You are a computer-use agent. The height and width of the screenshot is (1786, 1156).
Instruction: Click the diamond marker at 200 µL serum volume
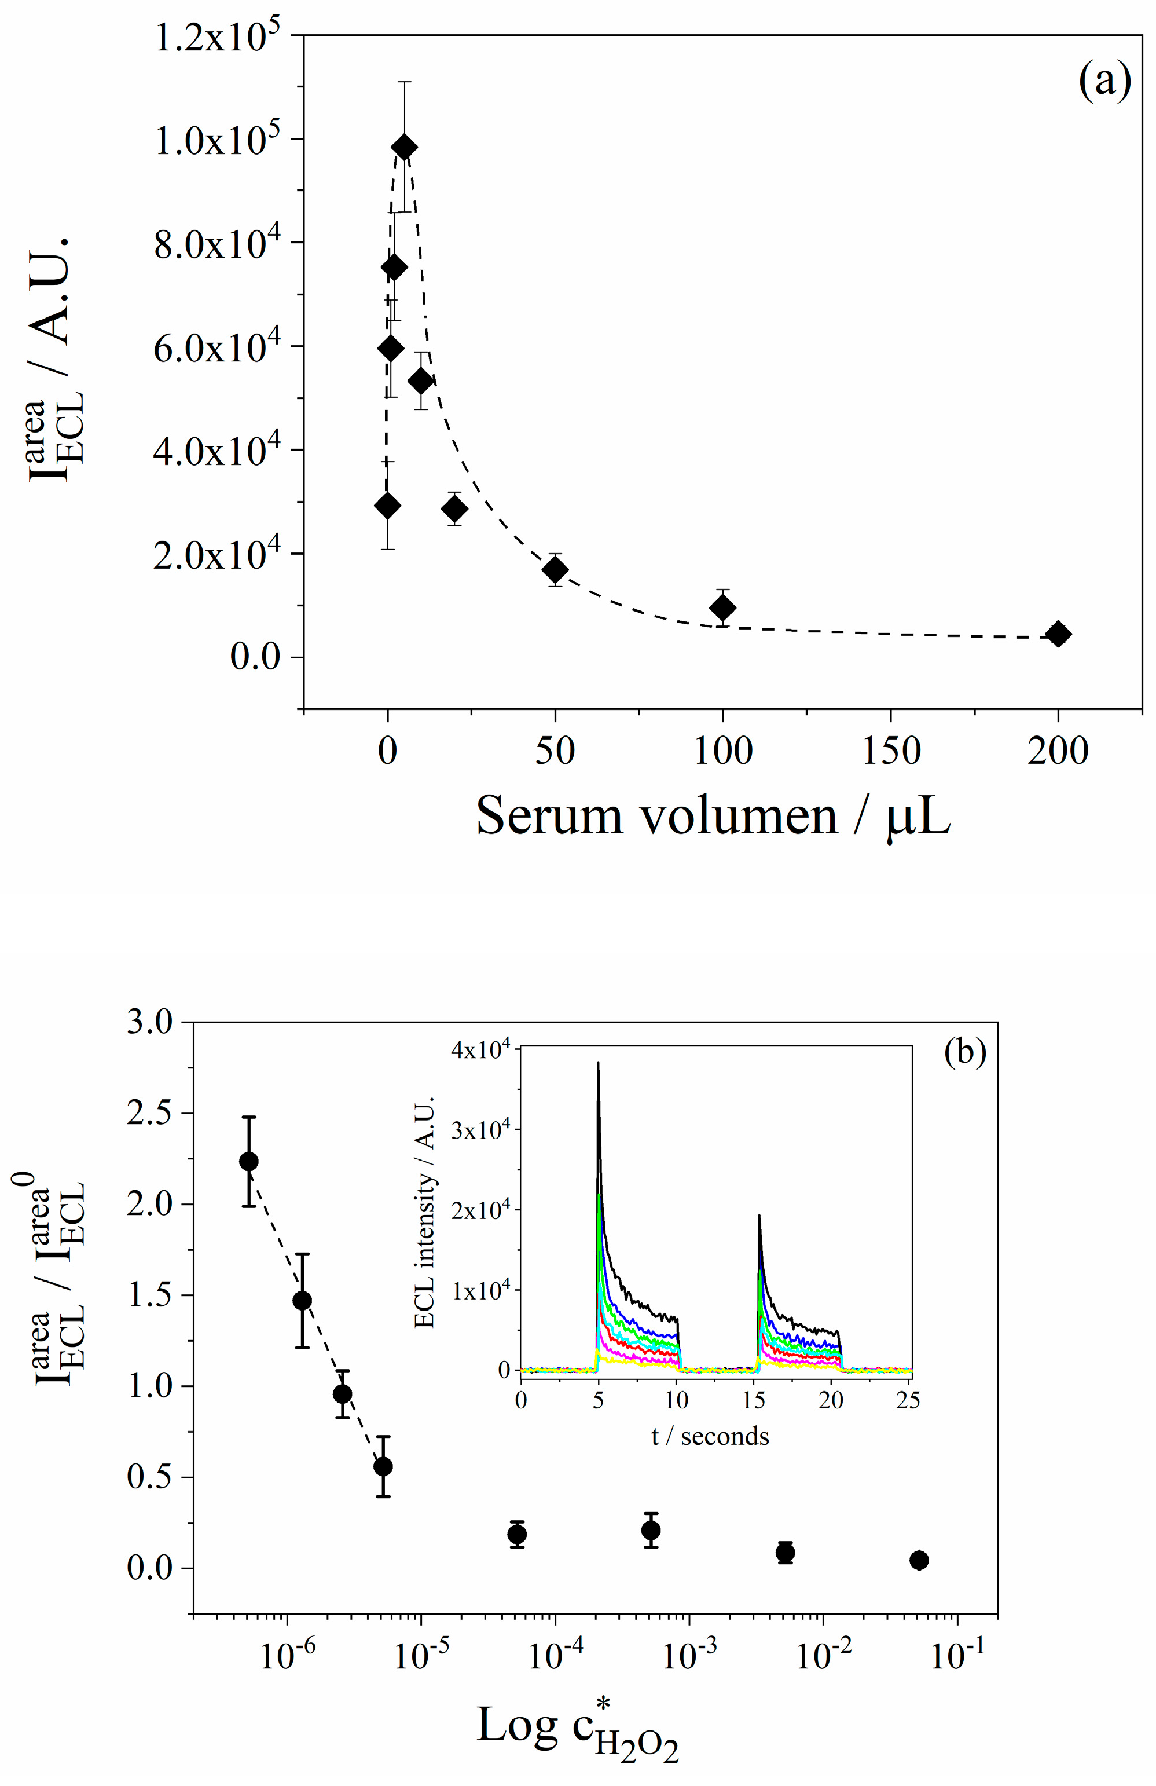pyautogui.click(x=1058, y=634)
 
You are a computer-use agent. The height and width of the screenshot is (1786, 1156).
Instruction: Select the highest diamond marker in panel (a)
pyautogui.click(x=404, y=147)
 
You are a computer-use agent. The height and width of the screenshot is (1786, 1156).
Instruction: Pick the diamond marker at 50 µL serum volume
pyautogui.click(x=555, y=570)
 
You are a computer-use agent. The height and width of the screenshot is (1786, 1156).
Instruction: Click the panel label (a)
pyautogui.click(x=1104, y=81)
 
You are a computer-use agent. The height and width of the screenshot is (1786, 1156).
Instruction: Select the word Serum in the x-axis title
pyautogui.click(x=550, y=817)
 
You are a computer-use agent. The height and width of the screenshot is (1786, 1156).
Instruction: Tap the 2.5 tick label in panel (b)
pyautogui.click(x=149, y=1114)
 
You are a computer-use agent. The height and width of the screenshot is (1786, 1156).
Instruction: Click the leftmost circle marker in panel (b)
pyautogui.click(x=249, y=1161)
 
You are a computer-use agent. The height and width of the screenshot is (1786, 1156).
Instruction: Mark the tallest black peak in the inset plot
pyautogui.click(x=598, y=1063)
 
